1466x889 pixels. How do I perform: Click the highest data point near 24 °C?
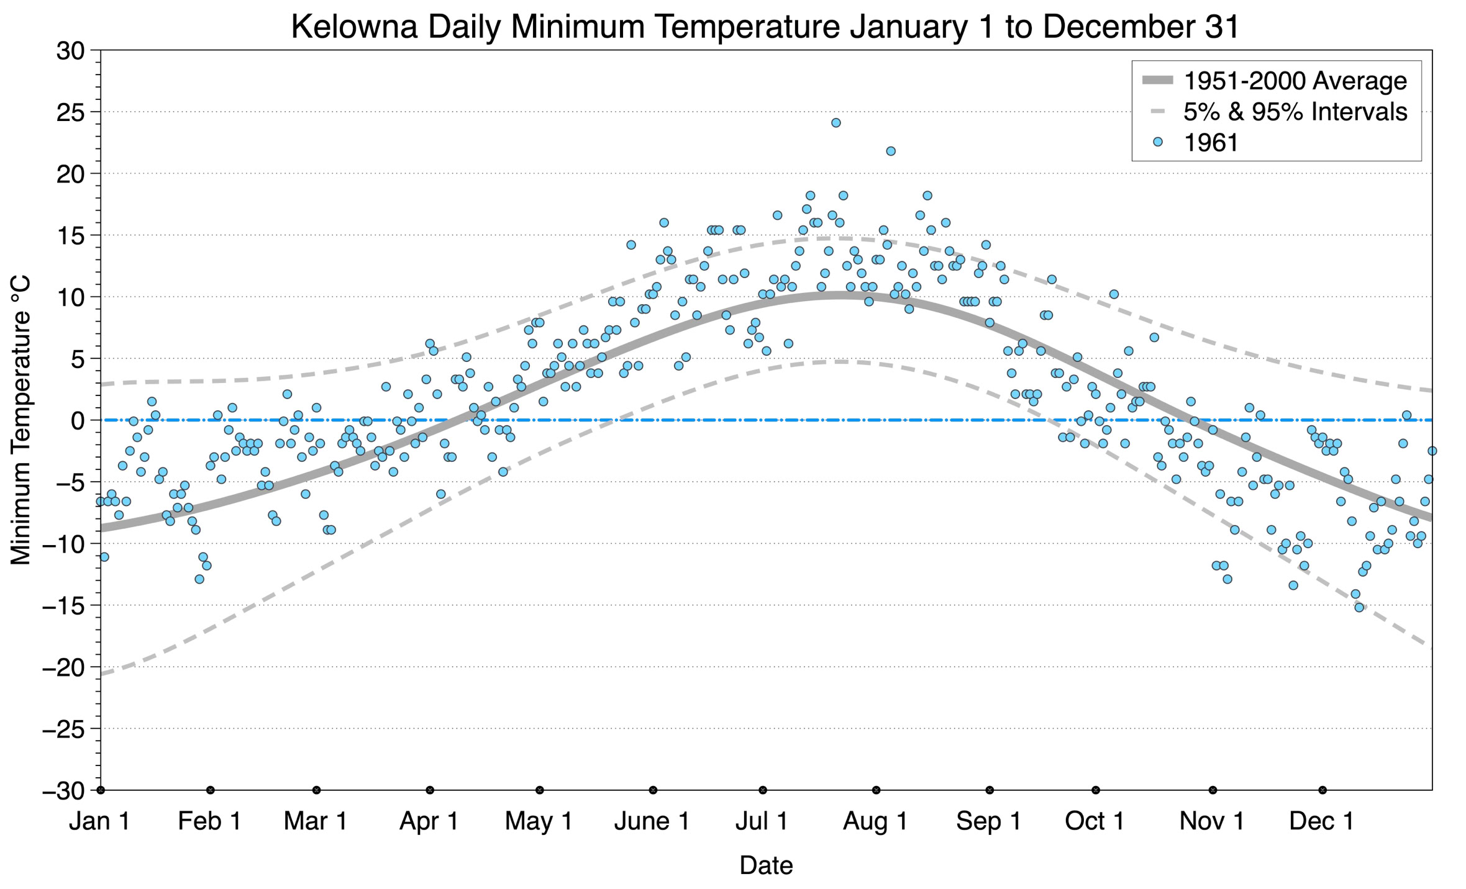point(835,123)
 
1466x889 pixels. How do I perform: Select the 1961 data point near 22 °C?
point(890,151)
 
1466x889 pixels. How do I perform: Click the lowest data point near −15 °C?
point(1359,607)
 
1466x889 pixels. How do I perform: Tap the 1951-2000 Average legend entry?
point(1295,81)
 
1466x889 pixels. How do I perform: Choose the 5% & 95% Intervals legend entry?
point(1295,112)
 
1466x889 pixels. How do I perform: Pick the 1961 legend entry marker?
point(1157,142)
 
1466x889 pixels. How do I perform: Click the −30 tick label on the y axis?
point(63,791)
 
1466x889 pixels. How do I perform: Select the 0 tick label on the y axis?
point(77,421)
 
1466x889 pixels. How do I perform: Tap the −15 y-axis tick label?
point(63,606)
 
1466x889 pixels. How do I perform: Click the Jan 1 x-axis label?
point(99,821)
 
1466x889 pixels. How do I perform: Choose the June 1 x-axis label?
point(652,821)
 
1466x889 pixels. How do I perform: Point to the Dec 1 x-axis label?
point(1321,821)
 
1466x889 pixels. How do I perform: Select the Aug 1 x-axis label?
point(875,821)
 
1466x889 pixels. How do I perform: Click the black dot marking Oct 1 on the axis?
point(1096,790)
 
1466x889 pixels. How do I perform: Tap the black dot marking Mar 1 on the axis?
point(316,790)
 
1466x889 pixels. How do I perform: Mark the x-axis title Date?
point(766,865)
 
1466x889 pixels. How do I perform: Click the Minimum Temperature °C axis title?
point(20,421)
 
